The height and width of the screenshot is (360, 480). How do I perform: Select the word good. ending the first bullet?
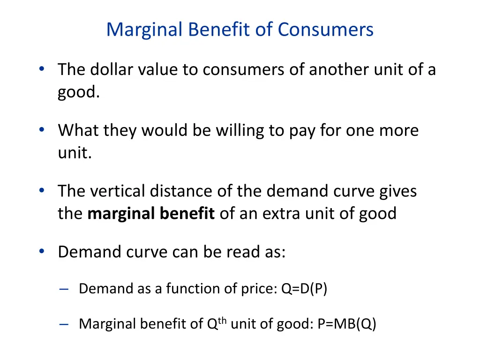pos(78,92)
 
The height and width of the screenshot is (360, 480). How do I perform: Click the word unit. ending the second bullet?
pos(75,153)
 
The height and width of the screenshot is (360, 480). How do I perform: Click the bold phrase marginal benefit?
pos(151,214)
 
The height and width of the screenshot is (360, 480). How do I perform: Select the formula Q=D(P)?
pos(304,289)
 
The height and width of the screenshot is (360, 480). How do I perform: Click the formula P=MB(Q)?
pos(346,324)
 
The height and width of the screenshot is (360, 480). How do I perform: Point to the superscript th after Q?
pos(222,320)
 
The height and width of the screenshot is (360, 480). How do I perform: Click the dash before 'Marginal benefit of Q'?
pos(64,324)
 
